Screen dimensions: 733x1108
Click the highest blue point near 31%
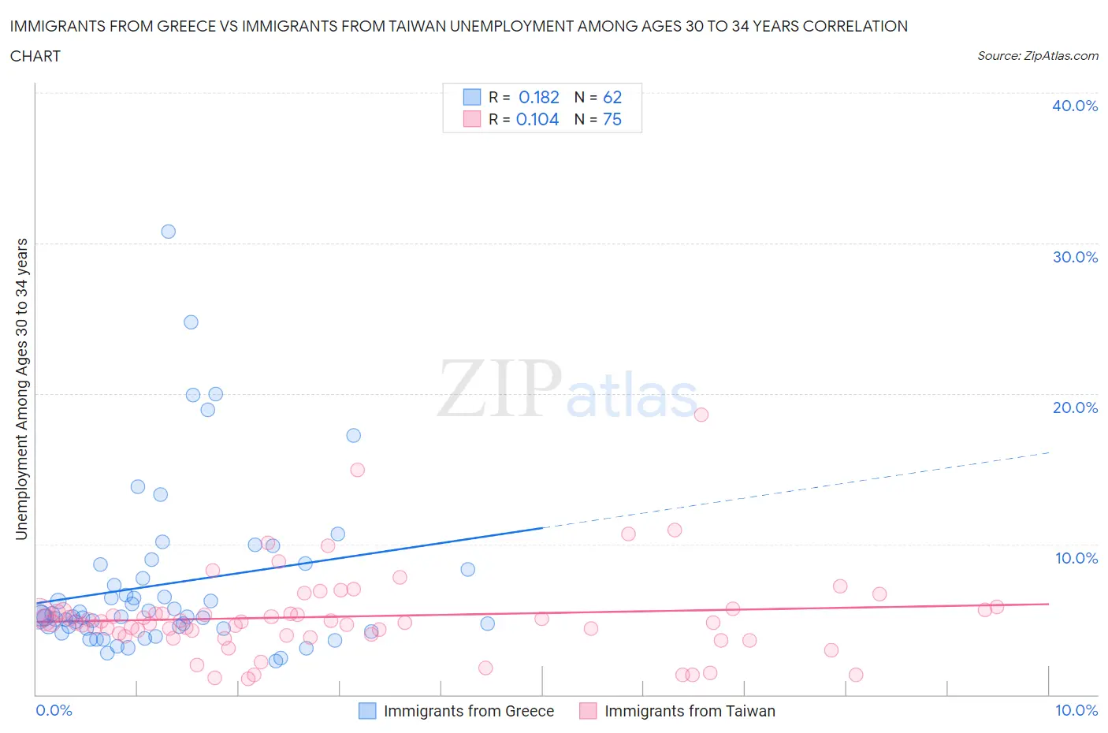[168, 232]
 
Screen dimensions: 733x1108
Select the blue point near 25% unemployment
[191, 322]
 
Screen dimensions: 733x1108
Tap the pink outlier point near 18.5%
[701, 415]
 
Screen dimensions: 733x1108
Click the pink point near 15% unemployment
[357, 470]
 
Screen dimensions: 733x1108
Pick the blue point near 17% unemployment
[354, 436]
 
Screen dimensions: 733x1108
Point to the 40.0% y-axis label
[1075, 106]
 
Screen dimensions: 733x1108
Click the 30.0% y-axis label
[1075, 258]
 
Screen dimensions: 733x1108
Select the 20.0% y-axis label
[1075, 408]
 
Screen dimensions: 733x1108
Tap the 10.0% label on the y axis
[1075, 559]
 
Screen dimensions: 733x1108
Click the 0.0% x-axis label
[54, 711]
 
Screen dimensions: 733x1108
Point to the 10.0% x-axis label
[1076, 711]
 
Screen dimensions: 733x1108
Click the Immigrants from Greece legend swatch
[367, 711]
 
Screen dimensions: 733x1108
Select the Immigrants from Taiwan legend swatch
[588, 711]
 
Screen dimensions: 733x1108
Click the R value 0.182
[539, 98]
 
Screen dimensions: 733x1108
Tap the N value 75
[612, 120]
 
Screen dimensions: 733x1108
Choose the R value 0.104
[537, 120]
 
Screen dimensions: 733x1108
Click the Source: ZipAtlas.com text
[1037, 56]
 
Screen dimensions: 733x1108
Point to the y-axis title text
[22, 389]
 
